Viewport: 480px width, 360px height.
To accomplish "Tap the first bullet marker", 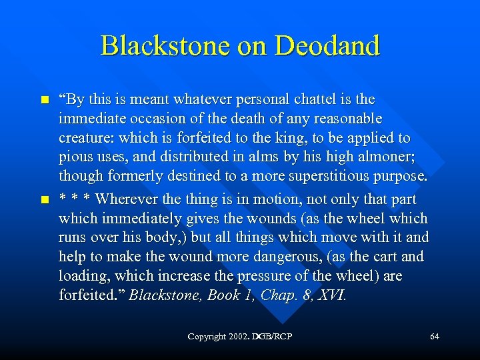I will click(45, 100).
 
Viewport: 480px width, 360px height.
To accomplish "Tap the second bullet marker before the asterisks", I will click(45, 200).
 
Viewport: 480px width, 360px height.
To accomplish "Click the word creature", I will click(82, 139).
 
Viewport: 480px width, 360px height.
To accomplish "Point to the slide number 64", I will click(434, 337).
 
